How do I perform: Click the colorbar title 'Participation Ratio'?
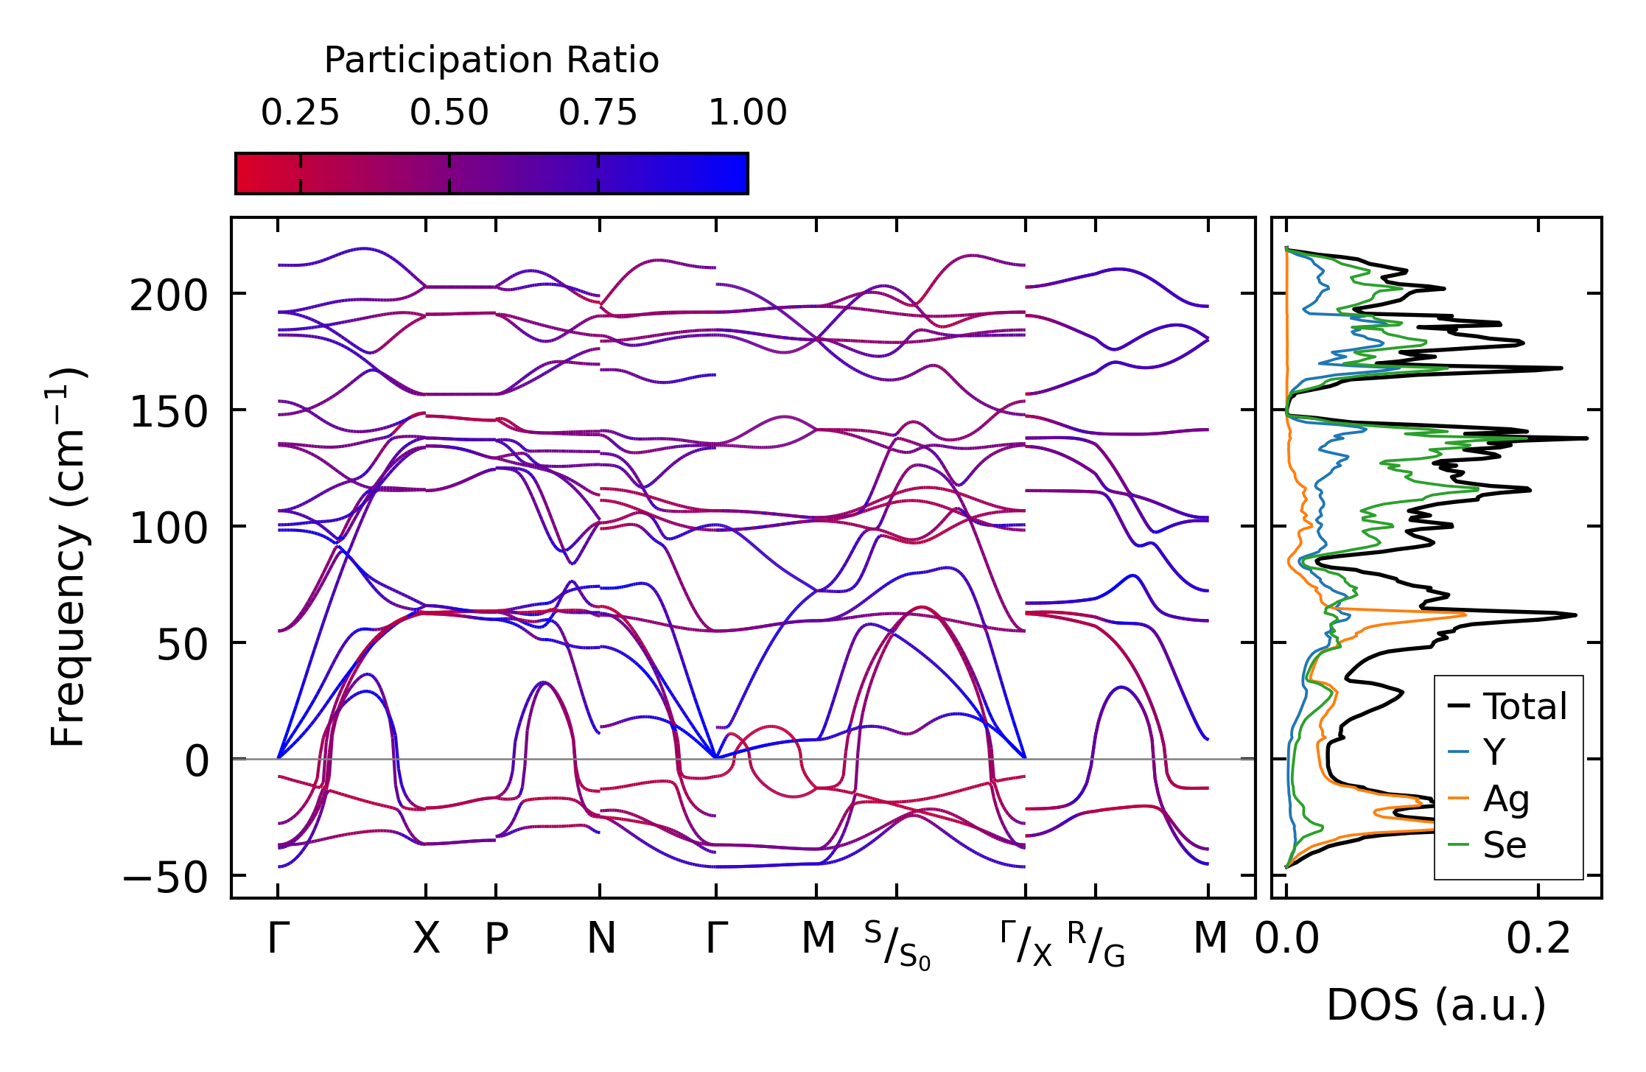coord(491,60)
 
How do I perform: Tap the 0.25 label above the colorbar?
coord(300,113)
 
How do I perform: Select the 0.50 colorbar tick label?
coord(449,113)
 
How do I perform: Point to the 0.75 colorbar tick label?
coord(598,113)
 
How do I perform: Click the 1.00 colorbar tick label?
coord(747,113)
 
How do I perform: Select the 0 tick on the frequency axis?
coord(197,762)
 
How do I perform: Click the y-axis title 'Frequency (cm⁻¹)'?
coord(69,557)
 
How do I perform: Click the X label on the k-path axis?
coord(426,939)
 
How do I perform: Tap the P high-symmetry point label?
coord(496,939)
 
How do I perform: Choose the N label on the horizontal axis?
coord(600,939)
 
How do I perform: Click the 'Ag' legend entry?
coord(1506,799)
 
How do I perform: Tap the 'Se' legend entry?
coord(1505,845)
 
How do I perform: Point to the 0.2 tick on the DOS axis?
coord(1538,939)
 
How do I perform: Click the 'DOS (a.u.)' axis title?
coord(1436,1005)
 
